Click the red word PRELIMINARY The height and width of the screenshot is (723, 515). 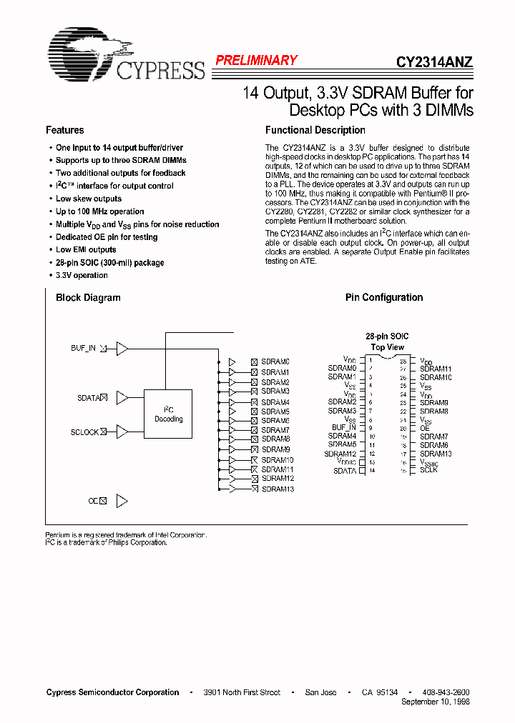256,61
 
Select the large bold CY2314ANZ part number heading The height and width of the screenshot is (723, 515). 434,61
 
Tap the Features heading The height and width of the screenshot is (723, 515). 64,130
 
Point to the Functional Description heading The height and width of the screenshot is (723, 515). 315,130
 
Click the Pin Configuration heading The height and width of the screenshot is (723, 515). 383,297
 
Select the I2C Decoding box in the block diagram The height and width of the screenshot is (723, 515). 168,414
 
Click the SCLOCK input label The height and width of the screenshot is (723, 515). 84,432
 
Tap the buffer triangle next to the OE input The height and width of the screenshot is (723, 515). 122,501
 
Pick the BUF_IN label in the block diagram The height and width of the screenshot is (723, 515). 83,348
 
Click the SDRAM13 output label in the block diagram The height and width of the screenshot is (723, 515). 278,489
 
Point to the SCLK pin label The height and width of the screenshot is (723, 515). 428,470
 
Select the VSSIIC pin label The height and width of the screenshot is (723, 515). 429,462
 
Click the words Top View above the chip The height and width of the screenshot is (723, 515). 387,346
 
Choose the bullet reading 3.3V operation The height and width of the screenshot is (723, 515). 82,276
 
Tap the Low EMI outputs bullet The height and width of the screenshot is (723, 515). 86,250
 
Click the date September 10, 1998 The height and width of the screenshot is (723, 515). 436,702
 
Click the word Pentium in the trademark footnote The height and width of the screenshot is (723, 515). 57,534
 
